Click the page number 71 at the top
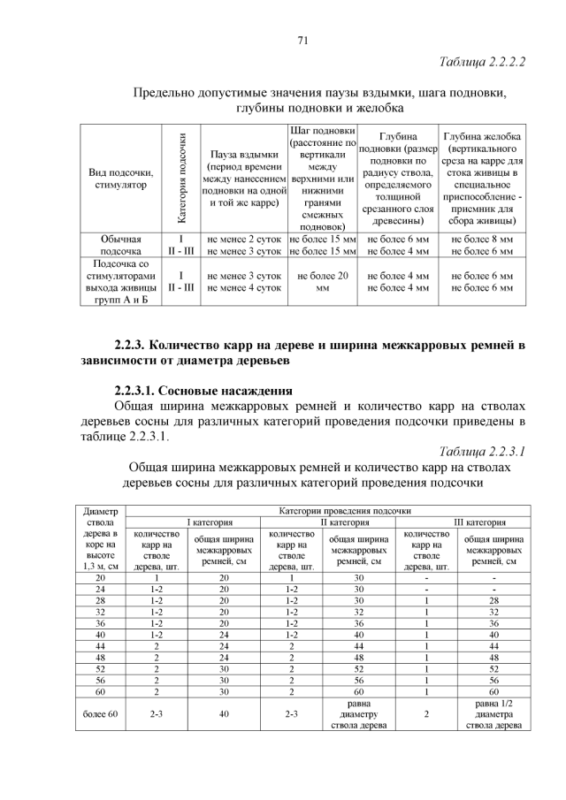coord(302,40)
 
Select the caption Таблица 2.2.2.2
coord(482,63)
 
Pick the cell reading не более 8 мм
coord(482,239)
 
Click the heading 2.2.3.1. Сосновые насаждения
coord(203,391)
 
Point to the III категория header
coord(480,522)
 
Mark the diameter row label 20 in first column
coord(100,577)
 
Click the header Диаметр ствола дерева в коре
coord(99,538)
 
